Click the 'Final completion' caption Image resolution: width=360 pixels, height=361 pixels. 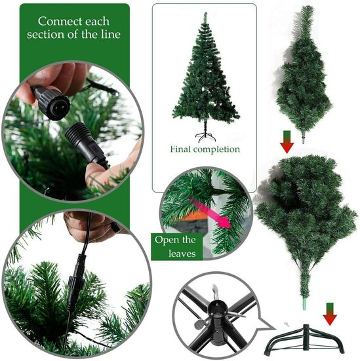pyautogui.click(x=205, y=149)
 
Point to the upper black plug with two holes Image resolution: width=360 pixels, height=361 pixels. pyautogui.click(x=52, y=104)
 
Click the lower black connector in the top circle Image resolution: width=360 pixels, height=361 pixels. pyautogui.click(x=85, y=144)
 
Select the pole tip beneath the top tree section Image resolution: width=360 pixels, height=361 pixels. pyautogui.click(x=304, y=140)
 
